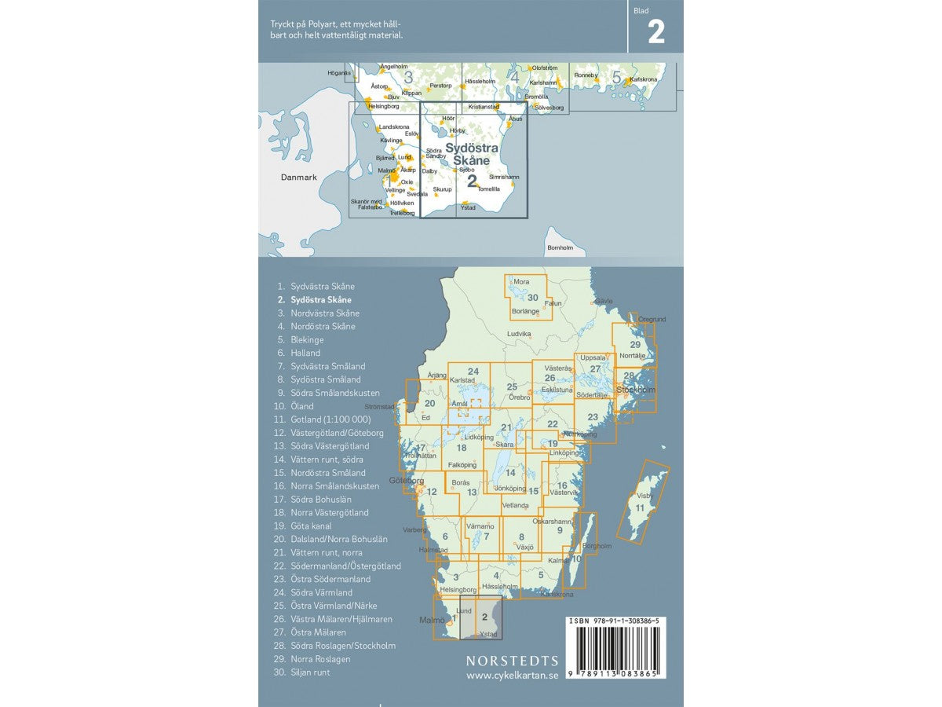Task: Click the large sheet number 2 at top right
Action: click(x=655, y=32)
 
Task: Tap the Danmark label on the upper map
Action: click(x=299, y=178)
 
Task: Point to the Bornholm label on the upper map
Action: click(x=560, y=247)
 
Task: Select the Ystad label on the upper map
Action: click(x=468, y=208)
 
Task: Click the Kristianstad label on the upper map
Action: click(x=484, y=106)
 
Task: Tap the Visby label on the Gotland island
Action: click(x=644, y=496)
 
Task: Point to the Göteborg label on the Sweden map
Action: click(x=407, y=481)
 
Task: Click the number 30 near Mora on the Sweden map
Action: click(x=533, y=298)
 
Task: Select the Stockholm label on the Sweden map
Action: click(x=635, y=390)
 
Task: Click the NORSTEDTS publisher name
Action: click(x=512, y=661)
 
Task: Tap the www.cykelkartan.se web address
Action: click(x=512, y=676)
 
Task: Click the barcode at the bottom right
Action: click(x=615, y=651)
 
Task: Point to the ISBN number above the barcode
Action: click(x=615, y=621)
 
